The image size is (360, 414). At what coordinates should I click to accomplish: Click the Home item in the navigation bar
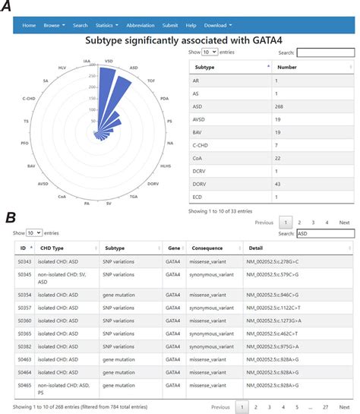(x=29, y=25)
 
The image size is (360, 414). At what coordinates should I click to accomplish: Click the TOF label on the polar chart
(x=153, y=81)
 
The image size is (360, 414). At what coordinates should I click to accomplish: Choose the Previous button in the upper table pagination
(x=264, y=223)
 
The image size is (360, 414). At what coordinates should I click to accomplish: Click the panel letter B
(x=11, y=218)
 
